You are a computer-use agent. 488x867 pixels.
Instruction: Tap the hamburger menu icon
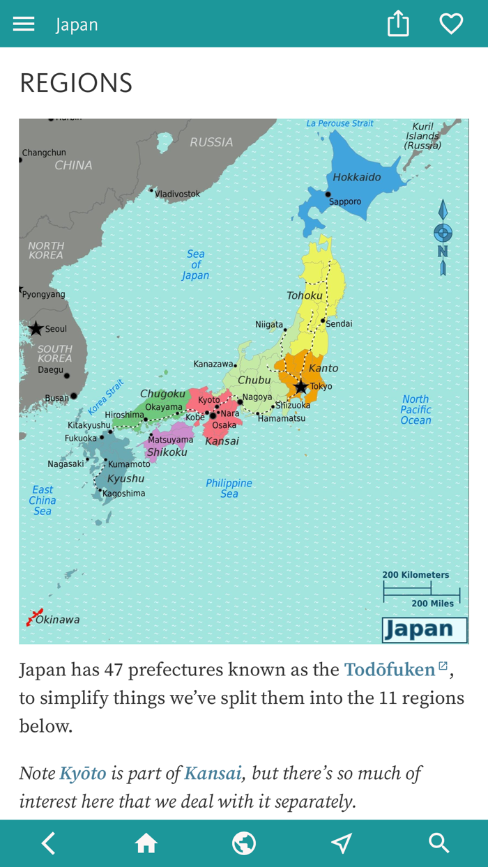[x=24, y=24]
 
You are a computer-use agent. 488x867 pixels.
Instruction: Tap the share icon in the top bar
[x=398, y=24]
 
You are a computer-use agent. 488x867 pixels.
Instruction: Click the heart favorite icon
[x=451, y=24]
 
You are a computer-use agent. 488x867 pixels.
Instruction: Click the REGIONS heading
[x=76, y=83]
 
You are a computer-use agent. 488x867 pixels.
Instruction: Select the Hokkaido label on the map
[x=356, y=177]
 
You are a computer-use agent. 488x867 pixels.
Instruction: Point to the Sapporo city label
[x=345, y=201]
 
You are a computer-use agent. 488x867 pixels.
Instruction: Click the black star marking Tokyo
[x=300, y=387]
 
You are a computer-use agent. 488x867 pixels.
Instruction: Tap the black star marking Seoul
[x=36, y=328]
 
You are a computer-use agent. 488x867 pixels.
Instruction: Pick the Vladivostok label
[x=177, y=194]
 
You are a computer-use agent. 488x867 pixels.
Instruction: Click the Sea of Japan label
[x=195, y=265]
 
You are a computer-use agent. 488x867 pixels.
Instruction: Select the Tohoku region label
[x=305, y=296]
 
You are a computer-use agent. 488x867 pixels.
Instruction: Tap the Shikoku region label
[x=167, y=452]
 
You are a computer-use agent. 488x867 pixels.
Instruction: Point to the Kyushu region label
[x=125, y=479]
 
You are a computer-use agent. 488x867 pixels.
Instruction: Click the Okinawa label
[x=57, y=620]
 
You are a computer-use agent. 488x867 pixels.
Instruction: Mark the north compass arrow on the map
[x=443, y=237]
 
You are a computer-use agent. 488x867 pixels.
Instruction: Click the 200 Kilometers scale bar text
[x=415, y=575]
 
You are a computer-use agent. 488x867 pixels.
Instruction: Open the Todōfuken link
[x=390, y=670]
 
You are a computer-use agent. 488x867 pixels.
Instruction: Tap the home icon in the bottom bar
[x=146, y=843]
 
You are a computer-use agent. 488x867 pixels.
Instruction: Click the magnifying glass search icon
[x=439, y=843]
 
